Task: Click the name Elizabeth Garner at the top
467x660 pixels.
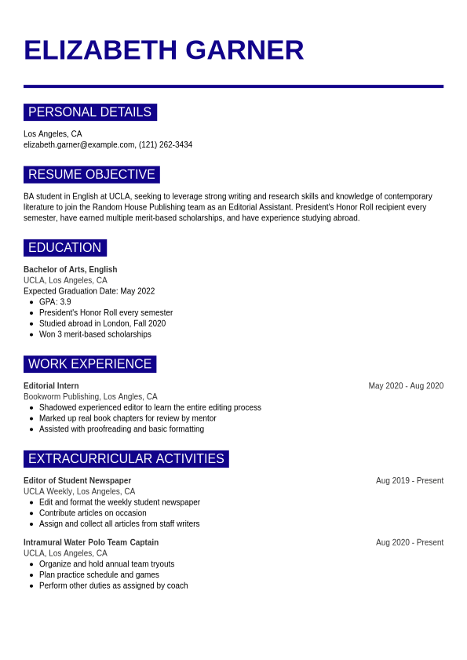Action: pyautogui.click(x=163, y=50)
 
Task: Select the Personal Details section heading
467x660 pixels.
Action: pyautogui.click(x=89, y=112)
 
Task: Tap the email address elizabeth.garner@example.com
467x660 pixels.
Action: pyautogui.click(x=79, y=145)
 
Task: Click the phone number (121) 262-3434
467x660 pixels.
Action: pyautogui.click(x=166, y=145)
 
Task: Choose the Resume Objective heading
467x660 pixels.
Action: pyautogui.click(x=91, y=174)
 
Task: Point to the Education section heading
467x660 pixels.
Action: pyautogui.click(x=64, y=248)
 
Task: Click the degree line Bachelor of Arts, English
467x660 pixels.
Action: pyautogui.click(x=70, y=269)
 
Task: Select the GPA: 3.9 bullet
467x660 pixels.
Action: pyautogui.click(x=55, y=302)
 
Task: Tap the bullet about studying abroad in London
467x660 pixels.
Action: pyautogui.click(x=102, y=323)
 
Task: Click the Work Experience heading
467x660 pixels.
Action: pyautogui.click(x=89, y=364)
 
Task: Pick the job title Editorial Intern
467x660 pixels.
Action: pyautogui.click(x=51, y=386)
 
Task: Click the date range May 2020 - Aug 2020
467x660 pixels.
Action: pyautogui.click(x=406, y=386)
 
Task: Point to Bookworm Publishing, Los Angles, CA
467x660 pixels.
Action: pyautogui.click(x=90, y=397)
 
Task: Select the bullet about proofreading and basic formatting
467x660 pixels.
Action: pyautogui.click(x=121, y=429)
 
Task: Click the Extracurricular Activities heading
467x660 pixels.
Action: pyautogui.click(x=126, y=459)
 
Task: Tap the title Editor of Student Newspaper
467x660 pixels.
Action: pyautogui.click(x=77, y=481)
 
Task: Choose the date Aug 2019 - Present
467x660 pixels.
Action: pyautogui.click(x=409, y=481)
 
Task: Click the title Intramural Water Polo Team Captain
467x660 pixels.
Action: pyautogui.click(x=90, y=542)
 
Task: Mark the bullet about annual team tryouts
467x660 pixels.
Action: pyautogui.click(x=107, y=564)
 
